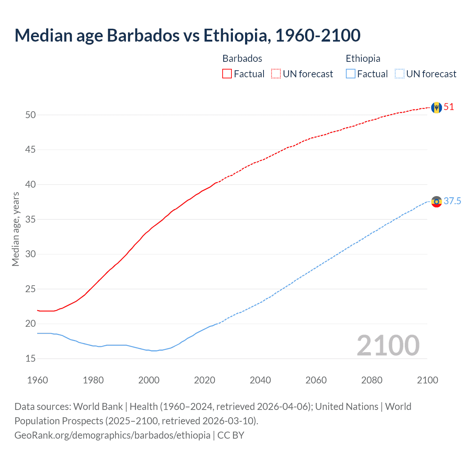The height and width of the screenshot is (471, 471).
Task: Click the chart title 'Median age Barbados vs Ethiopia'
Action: (x=187, y=35)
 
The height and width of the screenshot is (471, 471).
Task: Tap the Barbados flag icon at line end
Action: (x=436, y=107)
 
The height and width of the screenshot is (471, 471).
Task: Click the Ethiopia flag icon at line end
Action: (x=436, y=202)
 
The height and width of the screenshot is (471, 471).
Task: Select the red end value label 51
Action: (x=449, y=107)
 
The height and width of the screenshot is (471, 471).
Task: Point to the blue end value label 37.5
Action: (x=452, y=201)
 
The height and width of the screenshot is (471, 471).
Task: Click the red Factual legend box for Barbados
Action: (x=227, y=74)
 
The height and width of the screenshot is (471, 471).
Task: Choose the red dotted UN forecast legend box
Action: (x=276, y=74)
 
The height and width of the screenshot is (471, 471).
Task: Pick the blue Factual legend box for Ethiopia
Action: (x=351, y=74)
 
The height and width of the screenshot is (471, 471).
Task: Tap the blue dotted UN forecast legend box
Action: (x=400, y=74)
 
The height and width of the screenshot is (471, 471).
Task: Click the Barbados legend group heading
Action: (x=242, y=59)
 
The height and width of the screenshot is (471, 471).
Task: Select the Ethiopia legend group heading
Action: (x=363, y=59)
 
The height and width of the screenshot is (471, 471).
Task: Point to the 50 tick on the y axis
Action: (x=31, y=115)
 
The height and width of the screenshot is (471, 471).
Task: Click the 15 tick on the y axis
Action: (x=31, y=358)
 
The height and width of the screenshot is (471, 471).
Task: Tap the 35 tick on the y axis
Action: (x=31, y=219)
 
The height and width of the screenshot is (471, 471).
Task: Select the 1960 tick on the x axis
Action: (x=38, y=380)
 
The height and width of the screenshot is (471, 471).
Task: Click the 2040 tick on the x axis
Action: (x=260, y=380)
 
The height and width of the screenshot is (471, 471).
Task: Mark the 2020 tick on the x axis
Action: (x=205, y=380)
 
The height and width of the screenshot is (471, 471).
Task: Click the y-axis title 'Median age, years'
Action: (x=15, y=229)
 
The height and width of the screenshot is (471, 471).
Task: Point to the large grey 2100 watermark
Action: (x=388, y=345)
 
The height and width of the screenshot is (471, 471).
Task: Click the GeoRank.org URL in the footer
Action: (x=112, y=435)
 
